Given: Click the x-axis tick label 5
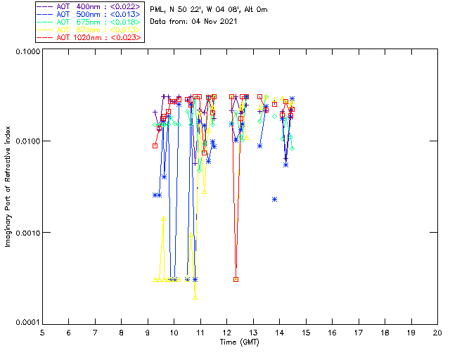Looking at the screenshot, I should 42,331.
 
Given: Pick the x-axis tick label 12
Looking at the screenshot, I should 226,331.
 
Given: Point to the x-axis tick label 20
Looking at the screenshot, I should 437,331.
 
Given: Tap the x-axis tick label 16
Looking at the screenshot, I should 332,331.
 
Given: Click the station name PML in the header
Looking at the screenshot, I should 158,9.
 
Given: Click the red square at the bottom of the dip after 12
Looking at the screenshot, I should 236,279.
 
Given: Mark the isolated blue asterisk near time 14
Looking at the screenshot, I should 274,199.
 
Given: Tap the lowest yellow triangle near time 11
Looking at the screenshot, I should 195,297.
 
